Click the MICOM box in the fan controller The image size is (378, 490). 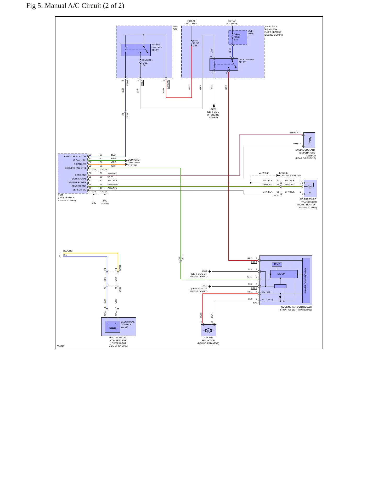tap(284, 274)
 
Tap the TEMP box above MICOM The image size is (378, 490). tap(277, 264)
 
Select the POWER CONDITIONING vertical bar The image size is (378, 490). tap(306, 280)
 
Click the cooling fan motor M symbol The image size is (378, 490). tap(208, 331)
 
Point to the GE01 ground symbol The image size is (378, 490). tap(214, 106)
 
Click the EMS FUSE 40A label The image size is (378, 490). tap(196, 43)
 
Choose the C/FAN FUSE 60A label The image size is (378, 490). tap(237, 37)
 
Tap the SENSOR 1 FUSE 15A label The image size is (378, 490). tap(147, 63)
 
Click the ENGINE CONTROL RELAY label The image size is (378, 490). tap(157, 47)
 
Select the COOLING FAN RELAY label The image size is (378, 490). tap(246, 61)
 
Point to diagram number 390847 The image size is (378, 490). tap(61, 346)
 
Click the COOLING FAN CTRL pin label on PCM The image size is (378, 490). tap(76, 168)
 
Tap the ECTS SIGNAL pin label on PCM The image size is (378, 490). tap(79, 179)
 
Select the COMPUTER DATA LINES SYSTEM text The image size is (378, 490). tap(134, 162)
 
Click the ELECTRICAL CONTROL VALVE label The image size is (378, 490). tap(128, 324)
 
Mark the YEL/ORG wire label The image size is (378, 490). tap(68, 251)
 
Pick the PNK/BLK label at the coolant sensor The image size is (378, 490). tap(294, 133)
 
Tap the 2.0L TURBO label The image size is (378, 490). tap(105, 202)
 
